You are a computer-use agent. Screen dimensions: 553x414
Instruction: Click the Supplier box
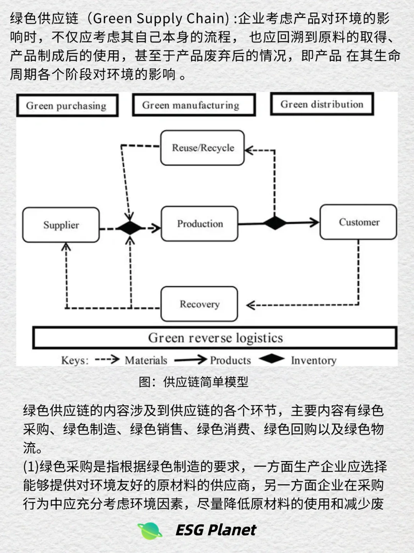pyautogui.click(x=61, y=225)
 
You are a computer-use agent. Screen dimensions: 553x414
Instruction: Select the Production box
pyautogui.click(x=200, y=224)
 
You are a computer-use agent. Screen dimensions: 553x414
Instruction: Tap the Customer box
pyautogui.click(x=358, y=222)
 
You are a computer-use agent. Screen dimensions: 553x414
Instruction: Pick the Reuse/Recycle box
pyautogui.click(x=202, y=148)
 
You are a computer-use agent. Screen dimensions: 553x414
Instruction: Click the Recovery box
pyautogui.click(x=199, y=304)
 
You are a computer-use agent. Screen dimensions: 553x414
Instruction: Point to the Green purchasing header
pyautogui.click(x=67, y=105)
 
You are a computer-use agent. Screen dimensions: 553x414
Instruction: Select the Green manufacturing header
pyautogui.click(x=194, y=105)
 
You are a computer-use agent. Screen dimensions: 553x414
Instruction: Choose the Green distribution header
pyautogui.click(x=322, y=104)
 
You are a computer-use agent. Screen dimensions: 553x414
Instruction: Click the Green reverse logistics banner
pyautogui.click(x=215, y=338)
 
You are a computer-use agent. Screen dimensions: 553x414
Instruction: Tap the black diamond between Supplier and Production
pyautogui.click(x=130, y=228)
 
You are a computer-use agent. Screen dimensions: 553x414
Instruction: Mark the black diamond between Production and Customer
pyautogui.click(x=274, y=223)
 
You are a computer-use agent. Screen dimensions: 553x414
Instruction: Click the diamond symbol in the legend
pyautogui.click(x=271, y=359)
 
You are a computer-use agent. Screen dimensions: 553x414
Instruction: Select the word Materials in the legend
pyautogui.click(x=146, y=360)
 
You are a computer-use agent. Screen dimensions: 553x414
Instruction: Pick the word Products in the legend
pyautogui.click(x=230, y=360)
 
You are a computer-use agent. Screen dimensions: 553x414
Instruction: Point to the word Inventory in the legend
pyautogui.click(x=314, y=360)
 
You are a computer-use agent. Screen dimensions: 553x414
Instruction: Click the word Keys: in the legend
pyautogui.click(x=75, y=361)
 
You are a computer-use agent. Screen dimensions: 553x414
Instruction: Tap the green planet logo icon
pyautogui.click(x=150, y=530)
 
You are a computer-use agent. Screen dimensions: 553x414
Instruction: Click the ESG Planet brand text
pyautogui.click(x=216, y=530)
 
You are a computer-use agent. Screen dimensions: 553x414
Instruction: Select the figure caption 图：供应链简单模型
pyautogui.click(x=194, y=382)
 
